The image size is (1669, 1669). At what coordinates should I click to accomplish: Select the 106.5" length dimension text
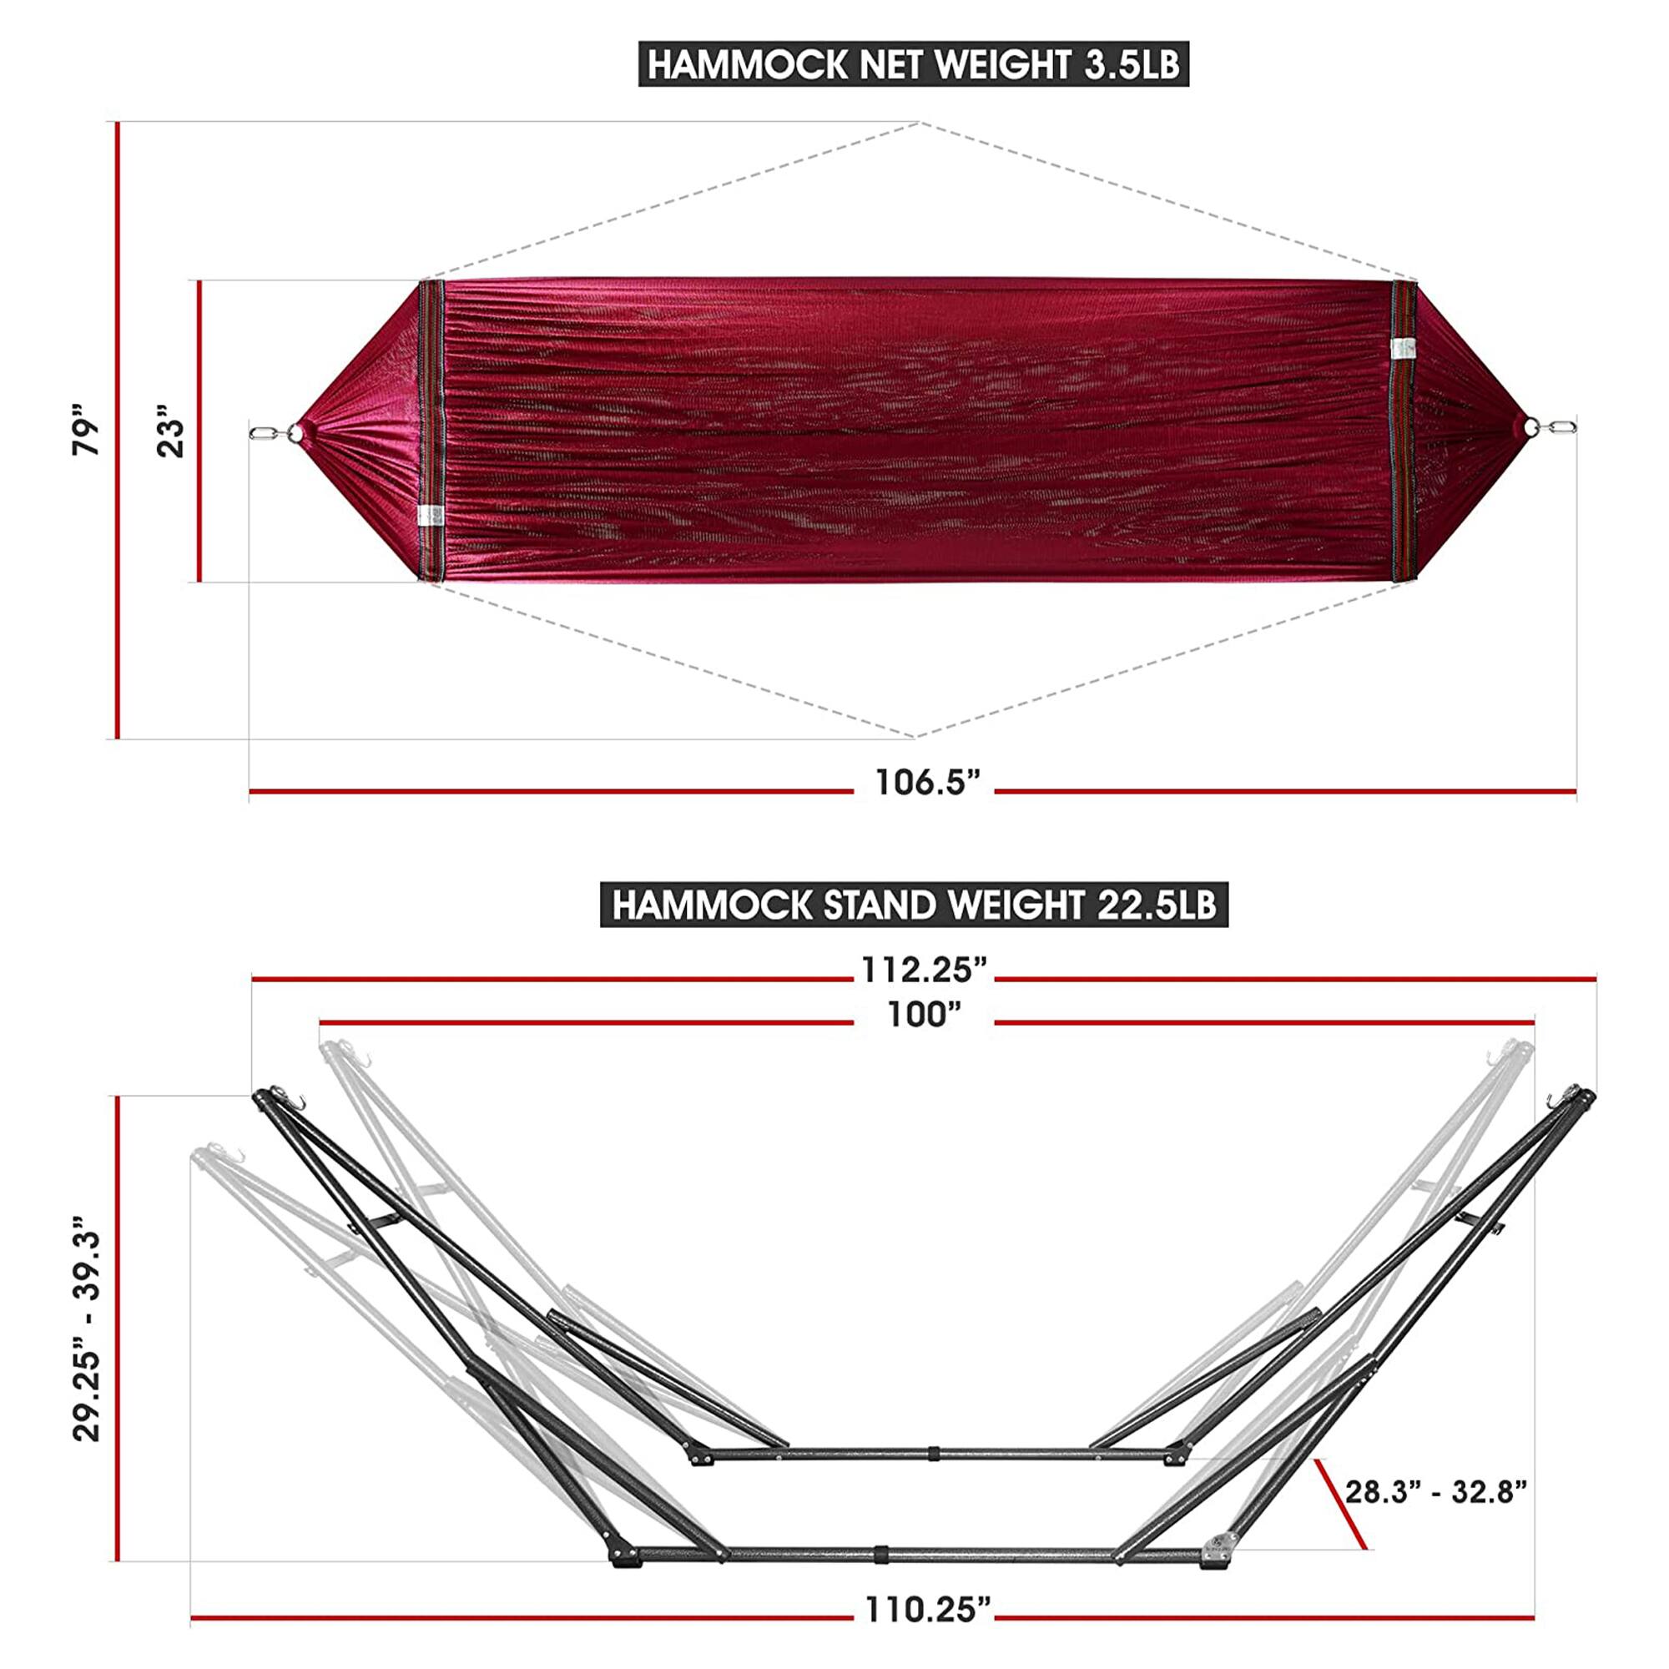pos(929,783)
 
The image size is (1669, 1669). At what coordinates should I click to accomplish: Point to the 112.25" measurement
pos(924,971)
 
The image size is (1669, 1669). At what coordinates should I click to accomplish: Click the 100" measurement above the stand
pos(925,1015)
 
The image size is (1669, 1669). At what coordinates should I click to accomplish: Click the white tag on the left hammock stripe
pos(429,516)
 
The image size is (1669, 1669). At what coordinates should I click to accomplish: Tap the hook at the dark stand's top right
pos(1551,1100)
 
